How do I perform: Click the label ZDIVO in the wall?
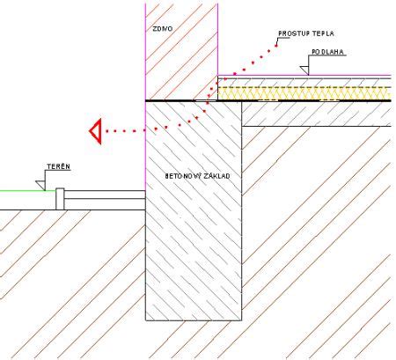pyautogui.click(x=163, y=29)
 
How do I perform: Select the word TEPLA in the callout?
pyautogui.click(x=323, y=33)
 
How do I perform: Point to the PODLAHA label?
pyautogui.click(x=327, y=52)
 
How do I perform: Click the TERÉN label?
pyautogui.click(x=59, y=166)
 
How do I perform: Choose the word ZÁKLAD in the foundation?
pyautogui.click(x=218, y=176)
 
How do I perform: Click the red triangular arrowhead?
pyautogui.click(x=97, y=131)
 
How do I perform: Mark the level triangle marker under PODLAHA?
pyautogui.click(x=305, y=70)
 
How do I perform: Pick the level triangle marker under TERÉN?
pyautogui.click(x=41, y=185)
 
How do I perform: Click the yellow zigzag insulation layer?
pyautogui.click(x=304, y=93)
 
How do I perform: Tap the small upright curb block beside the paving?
pyautogui.click(x=60, y=199)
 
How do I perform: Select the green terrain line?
pyautogui.click(x=28, y=191)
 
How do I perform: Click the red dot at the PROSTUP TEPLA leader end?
pyautogui.click(x=276, y=46)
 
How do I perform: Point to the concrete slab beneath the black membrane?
pyautogui.click(x=317, y=114)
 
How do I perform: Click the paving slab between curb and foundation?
pyautogui.click(x=105, y=195)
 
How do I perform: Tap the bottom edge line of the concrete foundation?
pyautogui.click(x=194, y=320)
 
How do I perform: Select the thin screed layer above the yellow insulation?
pyautogui.click(x=304, y=83)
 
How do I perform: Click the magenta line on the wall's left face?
pyautogui.click(x=145, y=97)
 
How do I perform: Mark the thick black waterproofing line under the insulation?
pyautogui.click(x=268, y=100)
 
